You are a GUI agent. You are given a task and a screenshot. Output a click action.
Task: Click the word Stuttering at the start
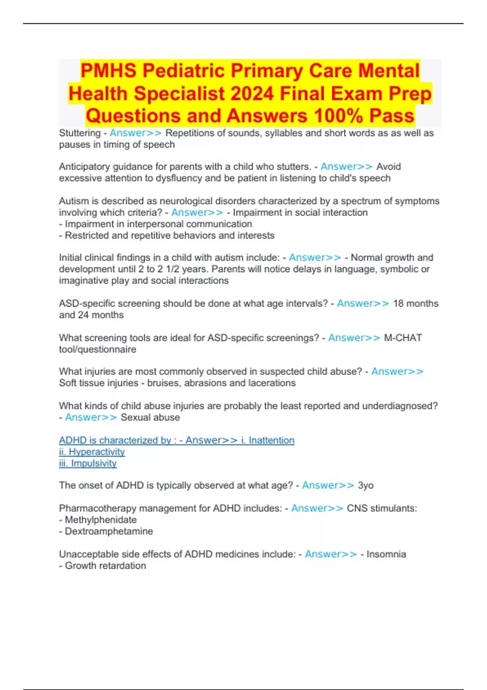80,133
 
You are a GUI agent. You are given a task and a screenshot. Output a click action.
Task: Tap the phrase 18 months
416,304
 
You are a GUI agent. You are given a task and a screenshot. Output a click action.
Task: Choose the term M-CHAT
403,338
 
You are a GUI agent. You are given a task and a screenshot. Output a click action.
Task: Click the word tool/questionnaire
97,349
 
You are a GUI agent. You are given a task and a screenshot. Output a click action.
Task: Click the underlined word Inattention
271,440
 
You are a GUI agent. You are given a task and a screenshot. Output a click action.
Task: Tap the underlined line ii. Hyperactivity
92,452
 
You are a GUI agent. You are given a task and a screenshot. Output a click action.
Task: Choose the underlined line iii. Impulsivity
88,463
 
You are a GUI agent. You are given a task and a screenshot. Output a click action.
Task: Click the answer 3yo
365,485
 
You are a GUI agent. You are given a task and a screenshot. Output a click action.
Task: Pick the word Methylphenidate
101,520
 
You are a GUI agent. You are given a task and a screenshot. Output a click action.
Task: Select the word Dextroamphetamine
109,531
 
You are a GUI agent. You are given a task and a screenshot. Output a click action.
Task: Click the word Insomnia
386,554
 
